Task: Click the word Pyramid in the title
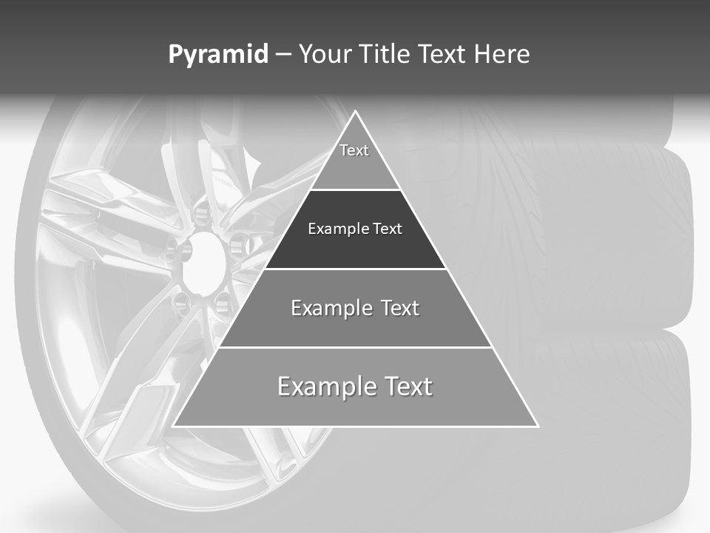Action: point(217,55)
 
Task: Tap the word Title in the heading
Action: point(385,55)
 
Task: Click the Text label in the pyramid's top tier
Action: point(354,150)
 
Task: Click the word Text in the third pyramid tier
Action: point(400,308)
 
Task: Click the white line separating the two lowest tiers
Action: point(356,347)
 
